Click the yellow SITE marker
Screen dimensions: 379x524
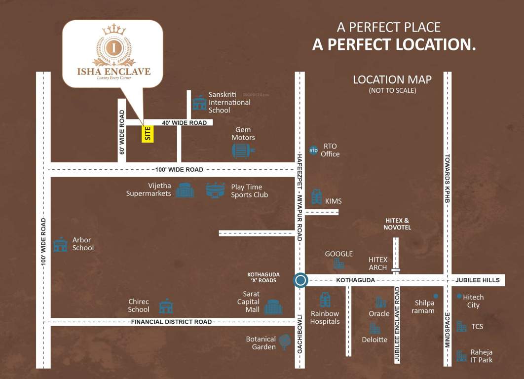(x=148, y=134)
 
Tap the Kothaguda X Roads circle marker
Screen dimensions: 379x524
(x=300, y=280)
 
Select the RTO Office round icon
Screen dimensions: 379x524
(x=313, y=150)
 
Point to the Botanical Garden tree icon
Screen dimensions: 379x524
(x=285, y=341)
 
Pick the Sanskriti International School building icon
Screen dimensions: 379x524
(x=199, y=103)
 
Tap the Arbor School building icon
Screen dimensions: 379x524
(x=60, y=244)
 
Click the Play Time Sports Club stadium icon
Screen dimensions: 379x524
(x=216, y=190)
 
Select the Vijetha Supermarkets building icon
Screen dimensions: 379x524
(x=185, y=190)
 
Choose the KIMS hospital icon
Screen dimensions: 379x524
(x=316, y=196)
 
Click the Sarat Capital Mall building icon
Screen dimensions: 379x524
(x=273, y=306)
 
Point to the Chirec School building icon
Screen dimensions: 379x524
(x=166, y=306)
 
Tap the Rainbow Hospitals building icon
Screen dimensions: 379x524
(x=325, y=300)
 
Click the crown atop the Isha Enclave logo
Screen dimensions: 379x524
(x=114, y=30)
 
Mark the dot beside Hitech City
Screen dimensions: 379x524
(x=459, y=296)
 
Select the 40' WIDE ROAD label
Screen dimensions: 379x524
(x=184, y=122)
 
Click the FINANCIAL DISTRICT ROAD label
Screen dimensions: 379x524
(x=171, y=322)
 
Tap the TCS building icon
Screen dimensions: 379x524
(x=461, y=326)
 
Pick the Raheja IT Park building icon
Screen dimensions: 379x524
(x=461, y=356)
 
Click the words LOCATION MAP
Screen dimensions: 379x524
(x=392, y=79)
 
